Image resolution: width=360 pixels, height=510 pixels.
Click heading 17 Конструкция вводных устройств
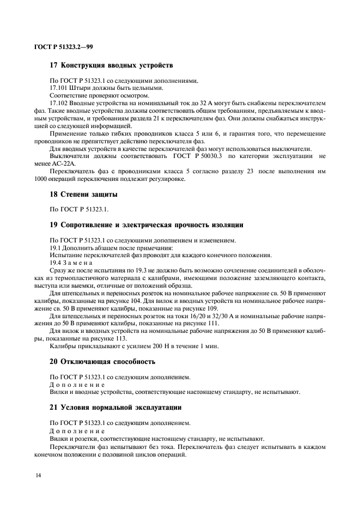click(111, 66)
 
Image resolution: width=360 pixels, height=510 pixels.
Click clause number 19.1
click(56, 247)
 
